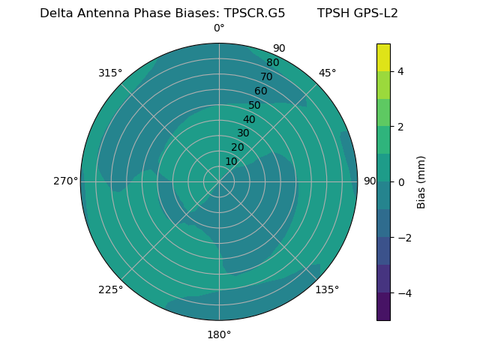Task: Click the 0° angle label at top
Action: click(x=219, y=28)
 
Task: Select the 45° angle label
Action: click(x=327, y=73)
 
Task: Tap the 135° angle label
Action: click(x=327, y=289)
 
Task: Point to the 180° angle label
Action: click(x=219, y=334)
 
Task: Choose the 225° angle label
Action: click(x=110, y=289)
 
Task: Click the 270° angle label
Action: click(x=65, y=181)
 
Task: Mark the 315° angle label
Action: click(x=110, y=73)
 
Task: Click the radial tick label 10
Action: click(x=231, y=161)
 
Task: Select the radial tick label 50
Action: click(x=255, y=105)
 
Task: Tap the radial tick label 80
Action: click(x=273, y=62)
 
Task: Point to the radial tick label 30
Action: click(x=243, y=133)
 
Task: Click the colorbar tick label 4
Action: click(x=401, y=71)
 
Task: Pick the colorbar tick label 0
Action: click(x=401, y=182)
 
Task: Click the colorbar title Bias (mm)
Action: click(x=421, y=182)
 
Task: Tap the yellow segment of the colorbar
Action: click(x=383, y=57)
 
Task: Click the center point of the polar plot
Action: click(x=219, y=181)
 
